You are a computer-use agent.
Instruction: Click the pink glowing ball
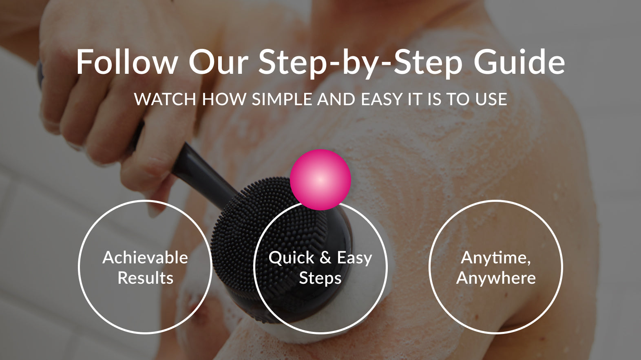click(320, 180)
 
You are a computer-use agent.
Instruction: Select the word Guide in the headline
click(519, 62)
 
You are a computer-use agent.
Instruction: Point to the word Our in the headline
click(218, 62)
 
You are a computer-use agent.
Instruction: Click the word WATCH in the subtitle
click(165, 99)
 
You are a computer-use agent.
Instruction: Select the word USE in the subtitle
click(491, 99)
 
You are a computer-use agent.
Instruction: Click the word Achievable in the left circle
click(145, 258)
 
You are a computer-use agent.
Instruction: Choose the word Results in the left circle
click(146, 278)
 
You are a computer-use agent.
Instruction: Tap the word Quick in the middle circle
click(291, 258)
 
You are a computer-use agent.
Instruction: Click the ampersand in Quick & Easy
click(325, 258)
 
